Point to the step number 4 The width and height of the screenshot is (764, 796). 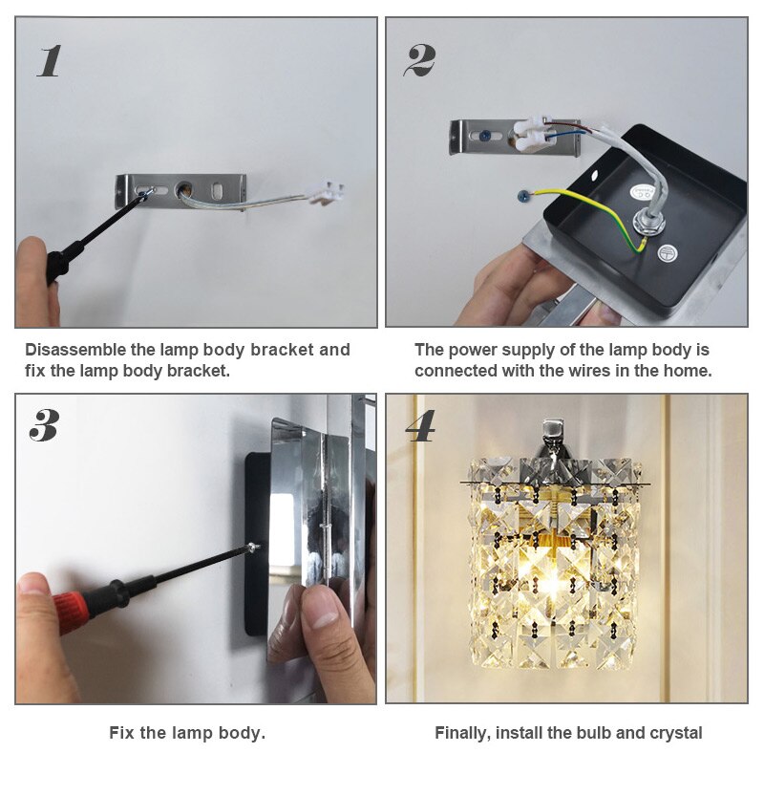tap(420, 426)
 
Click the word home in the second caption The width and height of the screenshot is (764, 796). tap(686, 371)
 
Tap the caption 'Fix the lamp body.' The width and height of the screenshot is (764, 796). tap(187, 733)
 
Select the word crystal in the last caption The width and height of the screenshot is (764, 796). tap(674, 733)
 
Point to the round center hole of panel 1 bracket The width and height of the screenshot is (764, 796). tap(183, 186)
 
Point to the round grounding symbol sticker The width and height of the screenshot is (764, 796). tap(667, 254)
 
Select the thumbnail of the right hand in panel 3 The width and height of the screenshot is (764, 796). tap(324, 608)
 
